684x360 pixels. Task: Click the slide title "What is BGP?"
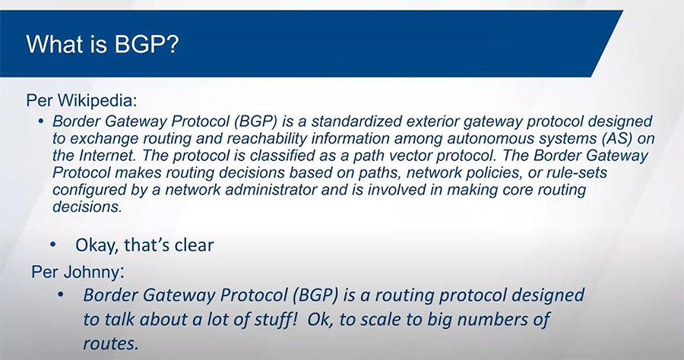click(x=102, y=45)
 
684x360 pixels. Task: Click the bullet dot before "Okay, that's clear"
click(x=52, y=245)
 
